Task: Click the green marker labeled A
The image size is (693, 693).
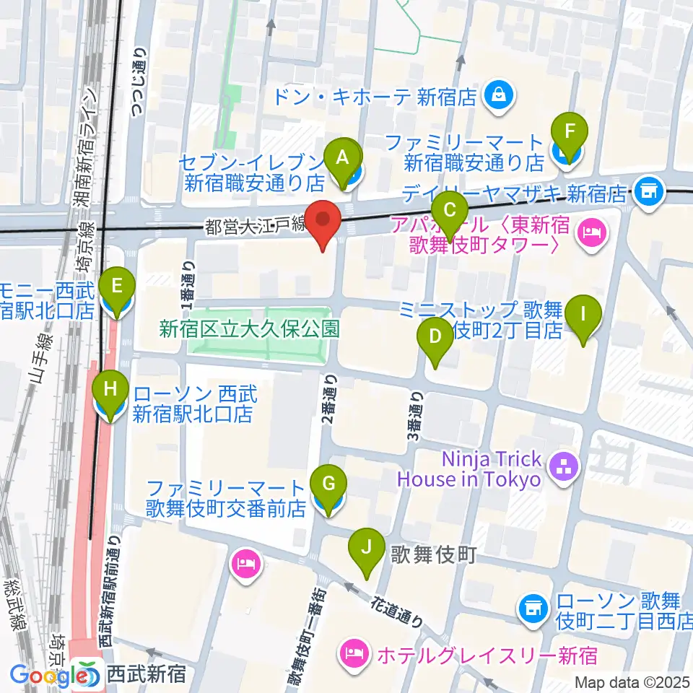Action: pyautogui.click(x=344, y=156)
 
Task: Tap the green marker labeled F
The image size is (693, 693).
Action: pyautogui.click(x=570, y=132)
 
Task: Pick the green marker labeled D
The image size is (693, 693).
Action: pyautogui.click(x=435, y=336)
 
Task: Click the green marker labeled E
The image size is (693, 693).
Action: pyautogui.click(x=118, y=286)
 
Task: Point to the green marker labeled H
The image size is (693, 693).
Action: pyautogui.click(x=110, y=391)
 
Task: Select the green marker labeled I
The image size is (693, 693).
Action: pyautogui.click(x=584, y=315)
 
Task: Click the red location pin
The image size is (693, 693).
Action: pyautogui.click(x=323, y=220)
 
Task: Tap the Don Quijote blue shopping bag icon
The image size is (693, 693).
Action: pyautogui.click(x=499, y=94)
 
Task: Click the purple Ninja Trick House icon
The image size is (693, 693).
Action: pyautogui.click(x=563, y=468)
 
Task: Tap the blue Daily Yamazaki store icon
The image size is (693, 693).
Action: pyautogui.click(x=647, y=192)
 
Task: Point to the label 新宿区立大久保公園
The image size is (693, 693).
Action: pyautogui.click(x=250, y=329)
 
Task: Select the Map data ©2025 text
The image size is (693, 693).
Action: pyautogui.click(x=632, y=682)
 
